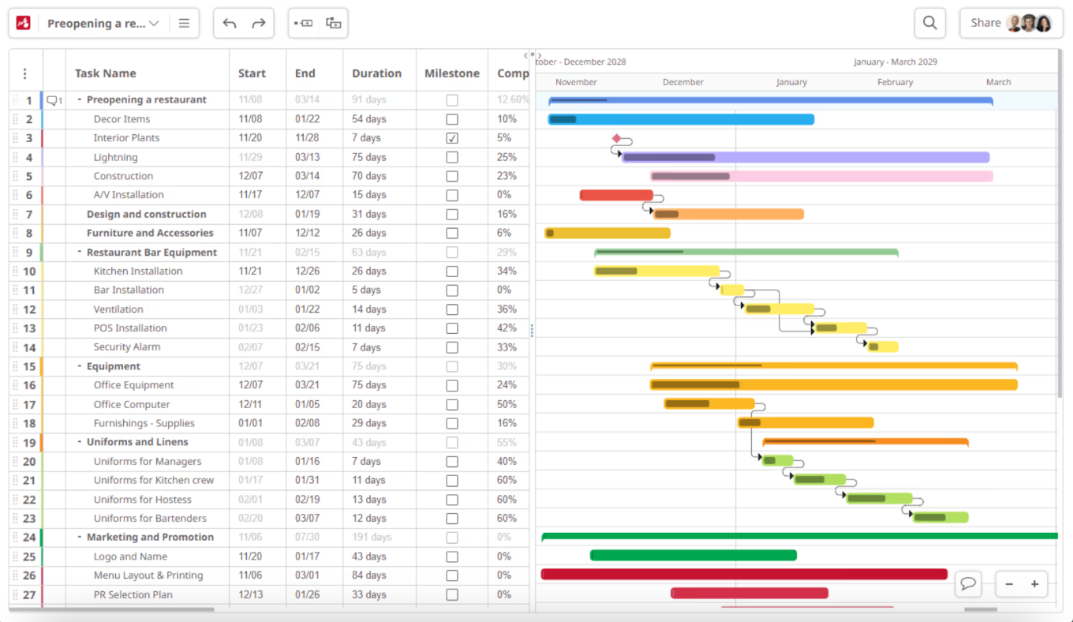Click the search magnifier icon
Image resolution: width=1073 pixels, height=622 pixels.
pyautogui.click(x=929, y=23)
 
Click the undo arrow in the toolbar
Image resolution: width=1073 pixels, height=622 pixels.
pyautogui.click(x=230, y=24)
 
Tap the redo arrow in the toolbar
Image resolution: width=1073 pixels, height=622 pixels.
pyautogui.click(x=258, y=24)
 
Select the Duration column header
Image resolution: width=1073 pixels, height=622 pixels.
pyautogui.click(x=376, y=73)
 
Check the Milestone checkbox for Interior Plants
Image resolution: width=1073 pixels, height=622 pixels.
pyautogui.click(x=451, y=138)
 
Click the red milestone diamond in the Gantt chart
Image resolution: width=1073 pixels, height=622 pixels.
pyautogui.click(x=616, y=138)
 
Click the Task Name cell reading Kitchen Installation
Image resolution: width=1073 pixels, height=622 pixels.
pyautogui.click(x=138, y=271)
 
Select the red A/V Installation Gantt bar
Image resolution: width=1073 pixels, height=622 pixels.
pyautogui.click(x=615, y=195)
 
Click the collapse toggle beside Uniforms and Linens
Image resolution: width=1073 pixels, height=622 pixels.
pyautogui.click(x=80, y=442)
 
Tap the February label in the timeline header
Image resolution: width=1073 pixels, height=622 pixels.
pyautogui.click(x=895, y=82)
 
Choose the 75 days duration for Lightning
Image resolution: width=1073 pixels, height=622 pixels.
pyautogui.click(x=368, y=157)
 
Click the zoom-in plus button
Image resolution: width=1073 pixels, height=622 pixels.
pyautogui.click(x=1034, y=584)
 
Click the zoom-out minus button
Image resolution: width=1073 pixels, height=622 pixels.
pyautogui.click(x=1009, y=584)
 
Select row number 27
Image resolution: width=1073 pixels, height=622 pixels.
pyautogui.click(x=29, y=594)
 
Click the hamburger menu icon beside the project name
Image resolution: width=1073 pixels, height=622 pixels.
pyautogui.click(x=184, y=24)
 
